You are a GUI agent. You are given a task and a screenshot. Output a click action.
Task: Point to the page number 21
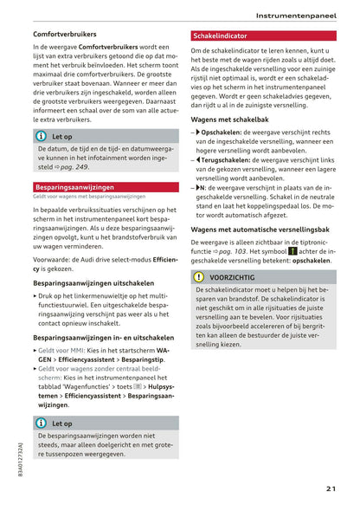[331, 489]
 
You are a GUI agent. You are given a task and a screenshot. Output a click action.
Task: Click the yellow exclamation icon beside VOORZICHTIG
[198, 277]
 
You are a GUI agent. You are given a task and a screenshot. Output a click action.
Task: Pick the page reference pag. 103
[235, 249]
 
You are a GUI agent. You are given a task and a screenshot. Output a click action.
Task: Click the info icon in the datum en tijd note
[41, 136]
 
